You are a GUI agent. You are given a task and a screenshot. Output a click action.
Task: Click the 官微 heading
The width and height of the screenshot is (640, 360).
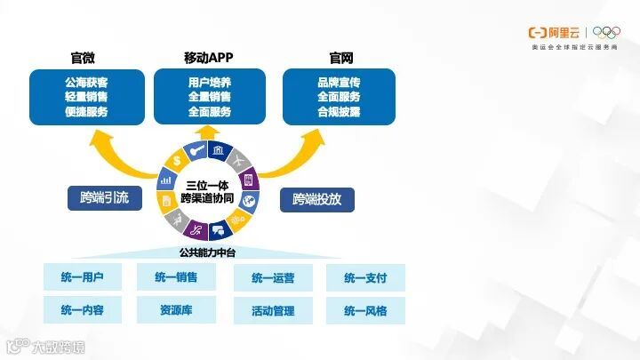(83, 59)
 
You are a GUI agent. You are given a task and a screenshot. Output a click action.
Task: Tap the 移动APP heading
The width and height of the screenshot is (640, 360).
(210, 59)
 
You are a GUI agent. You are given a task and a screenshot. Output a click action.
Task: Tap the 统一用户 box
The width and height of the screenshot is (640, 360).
(83, 277)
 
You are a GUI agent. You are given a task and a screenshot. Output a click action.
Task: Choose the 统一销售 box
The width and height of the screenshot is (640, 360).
(176, 277)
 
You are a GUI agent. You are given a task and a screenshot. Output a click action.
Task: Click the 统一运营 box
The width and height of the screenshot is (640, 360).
(273, 278)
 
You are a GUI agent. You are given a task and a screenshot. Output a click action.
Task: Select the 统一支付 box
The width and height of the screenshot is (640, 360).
(365, 278)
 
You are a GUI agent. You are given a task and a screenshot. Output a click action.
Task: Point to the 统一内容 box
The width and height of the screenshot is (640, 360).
(83, 310)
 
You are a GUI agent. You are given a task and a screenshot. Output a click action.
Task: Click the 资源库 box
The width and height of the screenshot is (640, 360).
(176, 310)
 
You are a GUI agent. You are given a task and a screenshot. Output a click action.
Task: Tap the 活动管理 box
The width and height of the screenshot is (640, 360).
(273, 311)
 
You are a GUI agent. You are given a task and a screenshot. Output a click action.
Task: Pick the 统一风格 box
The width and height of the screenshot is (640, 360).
(365, 311)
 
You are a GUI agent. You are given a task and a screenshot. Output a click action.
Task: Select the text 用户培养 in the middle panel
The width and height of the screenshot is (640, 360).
(210, 82)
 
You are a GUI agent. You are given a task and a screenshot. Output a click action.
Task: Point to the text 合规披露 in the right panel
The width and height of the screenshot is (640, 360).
(339, 112)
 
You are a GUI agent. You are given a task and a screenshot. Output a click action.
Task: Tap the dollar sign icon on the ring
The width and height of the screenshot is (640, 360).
(178, 162)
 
